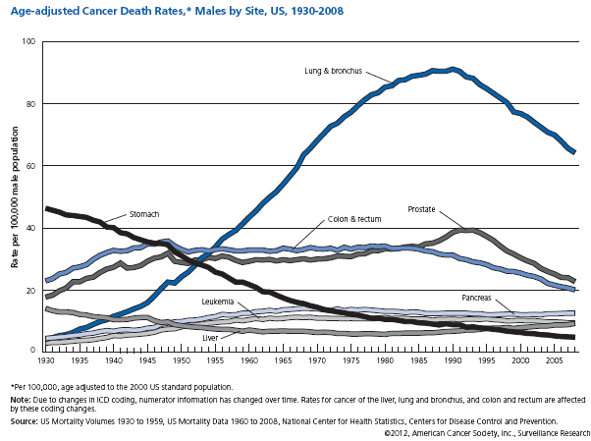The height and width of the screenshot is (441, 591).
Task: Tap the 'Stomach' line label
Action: pos(144,213)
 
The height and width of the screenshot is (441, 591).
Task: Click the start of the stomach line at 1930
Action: pos(47,208)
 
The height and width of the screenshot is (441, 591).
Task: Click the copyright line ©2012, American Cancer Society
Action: pos(487,432)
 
